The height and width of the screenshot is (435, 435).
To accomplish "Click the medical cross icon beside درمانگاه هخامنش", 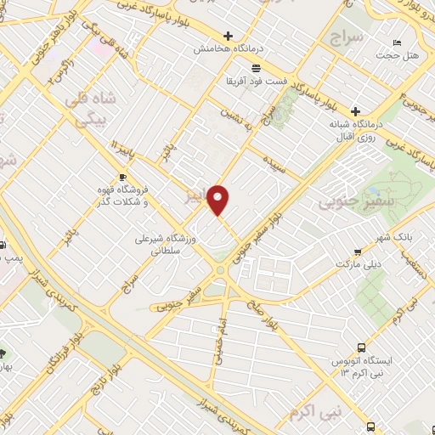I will tap(228, 36).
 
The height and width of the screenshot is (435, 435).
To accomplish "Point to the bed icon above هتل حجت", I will tap(397, 42).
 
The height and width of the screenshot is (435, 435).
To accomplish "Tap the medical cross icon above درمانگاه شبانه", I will tap(355, 111).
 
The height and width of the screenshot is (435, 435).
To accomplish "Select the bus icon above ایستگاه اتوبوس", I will tap(362, 347).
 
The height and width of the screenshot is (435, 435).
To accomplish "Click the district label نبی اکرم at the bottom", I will tap(313, 413).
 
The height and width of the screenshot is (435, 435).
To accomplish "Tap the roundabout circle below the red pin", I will tap(221, 271).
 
